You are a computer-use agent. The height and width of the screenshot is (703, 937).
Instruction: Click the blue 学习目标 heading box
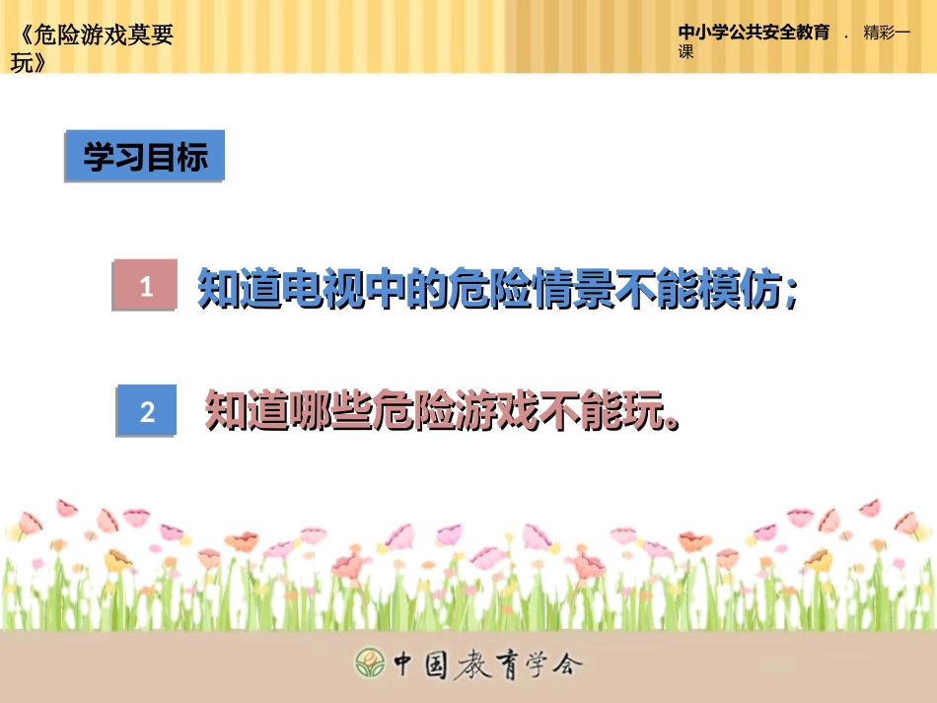click(x=145, y=157)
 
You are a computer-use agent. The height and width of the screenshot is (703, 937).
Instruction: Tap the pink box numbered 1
click(x=146, y=287)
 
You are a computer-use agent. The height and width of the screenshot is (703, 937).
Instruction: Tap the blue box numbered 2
click(x=147, y=411)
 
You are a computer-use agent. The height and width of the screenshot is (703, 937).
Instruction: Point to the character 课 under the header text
click(x=686, y=52)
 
